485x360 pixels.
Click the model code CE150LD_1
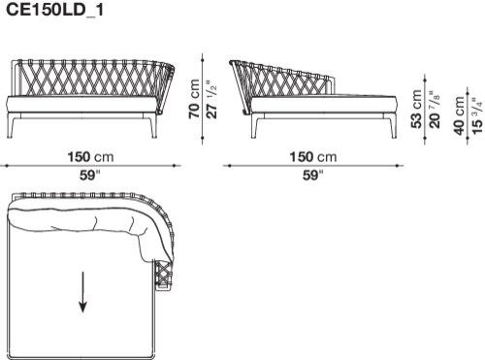point(54,10)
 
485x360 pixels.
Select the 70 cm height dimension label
point(195,99)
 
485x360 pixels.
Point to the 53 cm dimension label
point(417,109)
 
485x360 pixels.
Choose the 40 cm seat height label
point(460,115)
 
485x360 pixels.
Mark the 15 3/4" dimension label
point(477,115)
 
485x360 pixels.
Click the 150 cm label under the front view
point(90,157)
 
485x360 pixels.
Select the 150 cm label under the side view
point(313,157)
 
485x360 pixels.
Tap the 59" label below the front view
point(90,175)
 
